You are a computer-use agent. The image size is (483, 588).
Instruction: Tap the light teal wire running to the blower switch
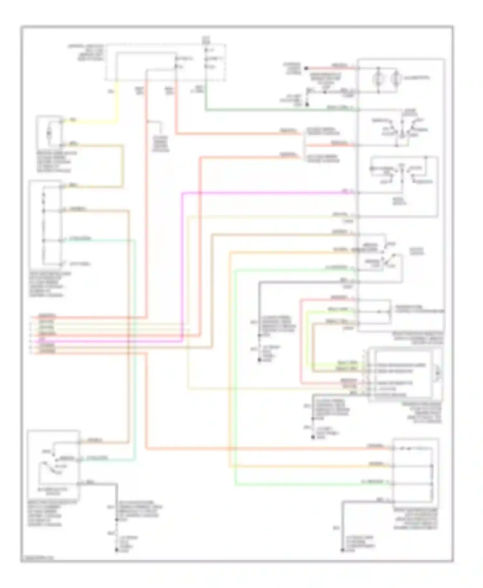[135, 354]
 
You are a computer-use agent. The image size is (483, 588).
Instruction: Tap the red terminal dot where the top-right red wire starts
[307, 68]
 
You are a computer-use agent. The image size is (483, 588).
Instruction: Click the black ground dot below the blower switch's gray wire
[117, 550]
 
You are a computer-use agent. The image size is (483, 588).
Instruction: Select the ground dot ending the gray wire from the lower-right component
[343, 550]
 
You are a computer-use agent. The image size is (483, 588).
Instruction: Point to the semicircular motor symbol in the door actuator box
[438, 374]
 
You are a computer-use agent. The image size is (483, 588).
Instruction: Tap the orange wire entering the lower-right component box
[322, 466]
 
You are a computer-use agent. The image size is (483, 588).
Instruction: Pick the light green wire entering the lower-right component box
[322, 483]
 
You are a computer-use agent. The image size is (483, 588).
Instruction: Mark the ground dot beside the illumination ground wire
[307, 105]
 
